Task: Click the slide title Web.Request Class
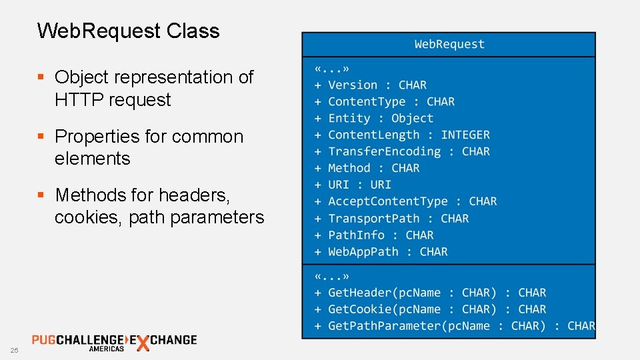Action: pos(128,31)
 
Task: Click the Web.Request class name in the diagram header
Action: pos(449,44)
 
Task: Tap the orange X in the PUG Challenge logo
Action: pos(142,343)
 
